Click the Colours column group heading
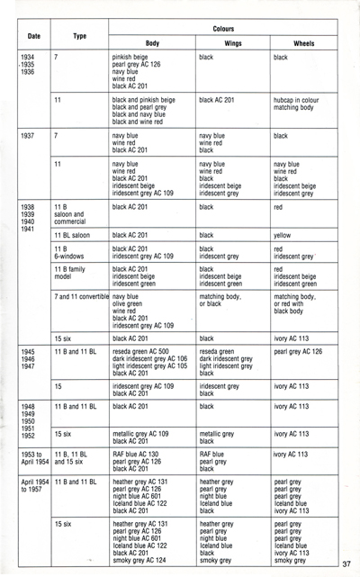click(x=222, y=28)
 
